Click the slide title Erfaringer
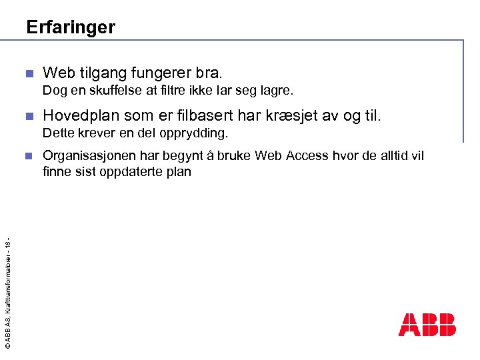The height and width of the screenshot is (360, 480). pyautogui.click(x=70, y=27)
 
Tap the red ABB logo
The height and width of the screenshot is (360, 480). pyautogui.click(x=427, y=324)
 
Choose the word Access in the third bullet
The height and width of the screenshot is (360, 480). pyautogui.click(x=305, y=156)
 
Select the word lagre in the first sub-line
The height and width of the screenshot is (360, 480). pyautogui.click(x=278, y=89)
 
